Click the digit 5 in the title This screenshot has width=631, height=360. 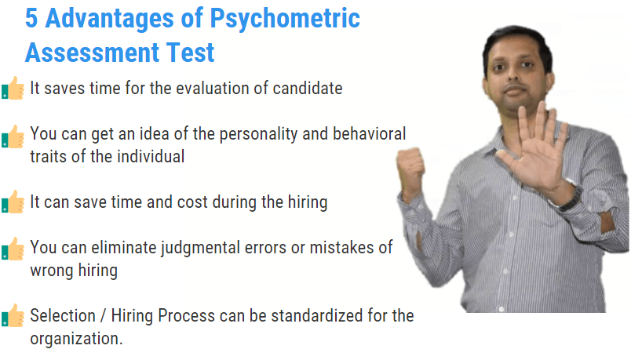pos(31,19)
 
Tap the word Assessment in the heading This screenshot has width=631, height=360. pos(93,53)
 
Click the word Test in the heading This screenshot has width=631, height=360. pos(191,53)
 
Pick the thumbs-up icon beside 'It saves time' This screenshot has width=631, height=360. pos(13,88)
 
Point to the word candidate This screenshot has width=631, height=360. pos(308,88)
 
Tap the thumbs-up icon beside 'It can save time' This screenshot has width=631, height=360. pos(13,202)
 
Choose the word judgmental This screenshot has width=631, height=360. pos(200,248)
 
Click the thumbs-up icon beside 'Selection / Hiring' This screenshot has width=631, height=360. pos(13,315)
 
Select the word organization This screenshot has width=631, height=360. pos(76,339)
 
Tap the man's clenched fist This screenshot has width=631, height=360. pos(410,168)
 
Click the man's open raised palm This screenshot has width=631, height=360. pos(535,149)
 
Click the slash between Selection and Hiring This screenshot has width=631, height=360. pos(103,316)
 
